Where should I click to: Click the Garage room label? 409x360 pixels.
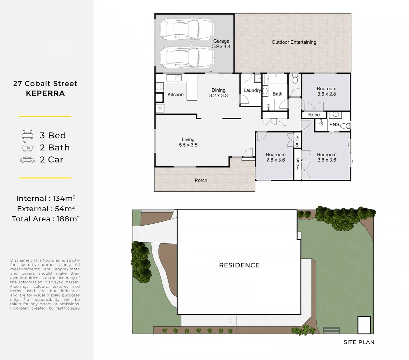point(221,44)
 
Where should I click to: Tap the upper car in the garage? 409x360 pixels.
point(186,29)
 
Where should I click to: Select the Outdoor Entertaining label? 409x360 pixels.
point(294,42)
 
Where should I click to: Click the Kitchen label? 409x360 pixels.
point(176,95)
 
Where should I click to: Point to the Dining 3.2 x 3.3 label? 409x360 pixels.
point(218,93)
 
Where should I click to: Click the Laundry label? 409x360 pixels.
point(252,90)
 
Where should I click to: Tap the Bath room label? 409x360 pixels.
point(277,94)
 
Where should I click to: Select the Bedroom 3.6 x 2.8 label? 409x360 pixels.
point(326,91)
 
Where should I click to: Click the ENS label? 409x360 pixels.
point(334,125)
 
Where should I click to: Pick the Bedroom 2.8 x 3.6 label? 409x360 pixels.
point(275,157)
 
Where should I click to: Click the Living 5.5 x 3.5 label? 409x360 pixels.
point(188,142)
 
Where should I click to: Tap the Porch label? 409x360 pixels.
point(201,180)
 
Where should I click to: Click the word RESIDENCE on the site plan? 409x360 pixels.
point(239,265)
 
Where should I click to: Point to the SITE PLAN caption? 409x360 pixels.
point(359,342)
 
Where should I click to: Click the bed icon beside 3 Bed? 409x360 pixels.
point(28,135)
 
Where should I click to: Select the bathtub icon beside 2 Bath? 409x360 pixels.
point(28,147)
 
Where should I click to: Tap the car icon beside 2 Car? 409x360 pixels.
point(28,160)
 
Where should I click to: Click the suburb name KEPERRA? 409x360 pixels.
point(45,93)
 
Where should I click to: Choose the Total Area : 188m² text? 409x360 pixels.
point(46,219)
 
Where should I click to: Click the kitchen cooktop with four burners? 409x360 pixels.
point(160,86)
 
